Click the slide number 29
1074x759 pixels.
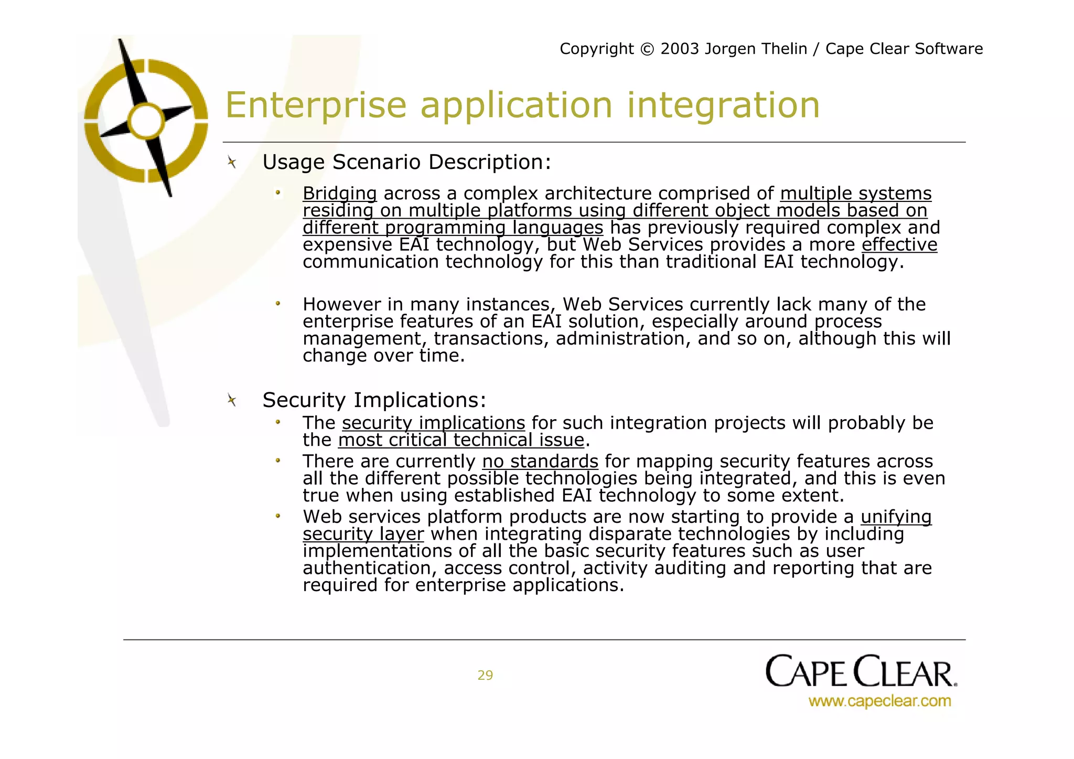click(x=485, y=676)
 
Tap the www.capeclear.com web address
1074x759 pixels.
click(x=879, y=701)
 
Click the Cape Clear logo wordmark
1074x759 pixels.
click(x=861, y=671)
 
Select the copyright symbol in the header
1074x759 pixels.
click(x=648, y=49)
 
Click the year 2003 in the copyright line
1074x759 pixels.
click(x=680, y=49)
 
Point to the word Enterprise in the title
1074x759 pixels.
click(x=316, y=105)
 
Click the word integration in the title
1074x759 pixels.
click(x=723, y=105)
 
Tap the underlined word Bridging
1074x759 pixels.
click(x=339, y=194)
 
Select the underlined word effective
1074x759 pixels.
click(x=899, y=244)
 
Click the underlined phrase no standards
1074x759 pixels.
click(x=540, y=462)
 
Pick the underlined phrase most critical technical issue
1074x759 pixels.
click(x=461, y=440)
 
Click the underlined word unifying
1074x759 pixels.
click(x=896, y=517)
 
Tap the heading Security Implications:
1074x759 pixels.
click(x=374, y=400)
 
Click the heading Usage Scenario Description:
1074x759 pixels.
click(x=406, y=162)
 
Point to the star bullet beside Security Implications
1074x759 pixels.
click(x=232, y=401)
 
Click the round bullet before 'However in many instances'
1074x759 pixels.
click(x=278, y=304)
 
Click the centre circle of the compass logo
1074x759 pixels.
click(x=146, y=121)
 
